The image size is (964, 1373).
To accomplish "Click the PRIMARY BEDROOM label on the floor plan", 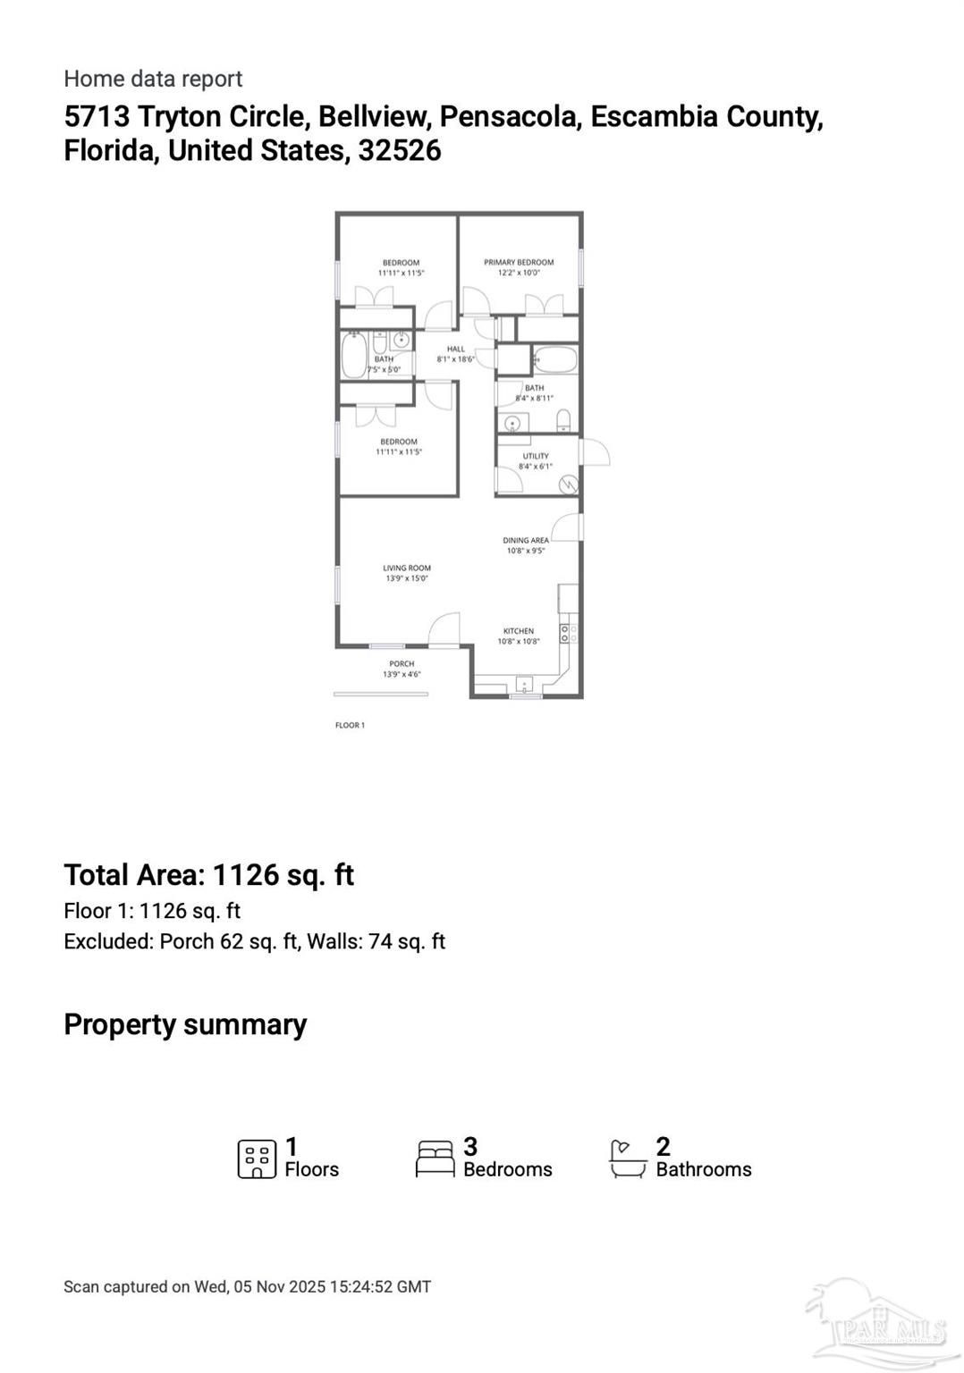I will [519, 263].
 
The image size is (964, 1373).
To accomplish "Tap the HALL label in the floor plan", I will [456, 350].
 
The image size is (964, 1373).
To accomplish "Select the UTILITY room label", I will [536, 456].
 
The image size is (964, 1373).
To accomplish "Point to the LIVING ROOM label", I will [407, 568].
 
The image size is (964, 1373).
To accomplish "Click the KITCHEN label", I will [519, 631].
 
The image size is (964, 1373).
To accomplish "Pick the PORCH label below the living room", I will [402, 664].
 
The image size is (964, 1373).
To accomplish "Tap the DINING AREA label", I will [526, 541].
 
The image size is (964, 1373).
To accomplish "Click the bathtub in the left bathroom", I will [353, 355].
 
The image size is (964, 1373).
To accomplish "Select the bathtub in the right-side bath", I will [554, 360].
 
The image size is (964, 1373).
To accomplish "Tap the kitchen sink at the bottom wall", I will [525, 686].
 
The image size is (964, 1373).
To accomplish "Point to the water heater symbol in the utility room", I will [568, 485].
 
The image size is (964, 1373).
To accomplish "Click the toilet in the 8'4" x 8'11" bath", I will [563, 419].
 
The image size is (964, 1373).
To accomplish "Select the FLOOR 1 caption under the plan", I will [350, 725].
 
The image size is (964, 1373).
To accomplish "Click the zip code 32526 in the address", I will [400, 150].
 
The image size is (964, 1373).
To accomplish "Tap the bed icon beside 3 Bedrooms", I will [435, 1158].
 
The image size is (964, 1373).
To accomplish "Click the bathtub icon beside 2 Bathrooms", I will [628, 1158].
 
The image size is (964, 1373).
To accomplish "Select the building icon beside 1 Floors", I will [257, 1158].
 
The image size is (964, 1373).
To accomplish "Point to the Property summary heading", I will [185, 1024].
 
